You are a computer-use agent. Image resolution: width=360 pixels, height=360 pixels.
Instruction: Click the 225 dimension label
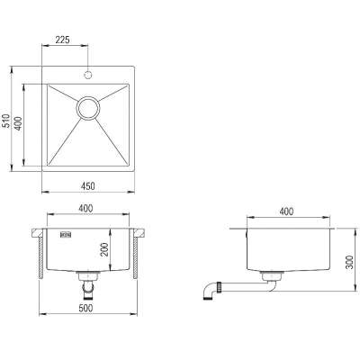[x=63, y=40]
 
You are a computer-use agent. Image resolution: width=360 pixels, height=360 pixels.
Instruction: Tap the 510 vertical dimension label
[x=6, y=121]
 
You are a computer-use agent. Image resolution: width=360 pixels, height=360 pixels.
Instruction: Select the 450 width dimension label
[x=88, y=186]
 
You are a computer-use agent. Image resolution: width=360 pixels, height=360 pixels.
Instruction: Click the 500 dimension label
[x=86, y=308]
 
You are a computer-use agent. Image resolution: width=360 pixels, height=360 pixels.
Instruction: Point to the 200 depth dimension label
[x=104, y=249]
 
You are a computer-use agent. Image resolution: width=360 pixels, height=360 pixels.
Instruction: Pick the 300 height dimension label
[x=350, y=262]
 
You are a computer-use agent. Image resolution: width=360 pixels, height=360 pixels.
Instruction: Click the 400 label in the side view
[x=286, y=211]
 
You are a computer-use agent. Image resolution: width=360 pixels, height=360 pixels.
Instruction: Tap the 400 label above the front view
[x=85, y=208]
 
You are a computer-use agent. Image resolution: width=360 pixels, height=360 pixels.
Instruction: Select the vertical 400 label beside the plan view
[x=19, y=123]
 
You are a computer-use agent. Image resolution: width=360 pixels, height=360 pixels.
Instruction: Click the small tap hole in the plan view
[x=88, y=75]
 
